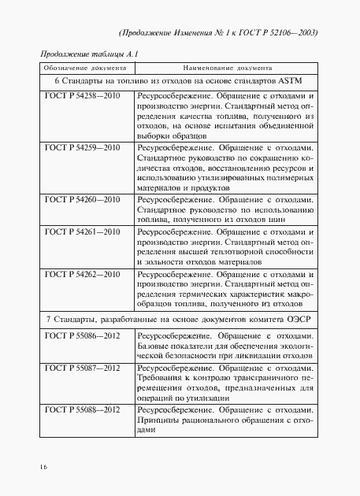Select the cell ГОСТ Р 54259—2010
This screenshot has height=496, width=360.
pyautogui.click(x=82, y=147)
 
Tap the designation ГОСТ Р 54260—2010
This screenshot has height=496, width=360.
pyautogui.click(x=82, y=200)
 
